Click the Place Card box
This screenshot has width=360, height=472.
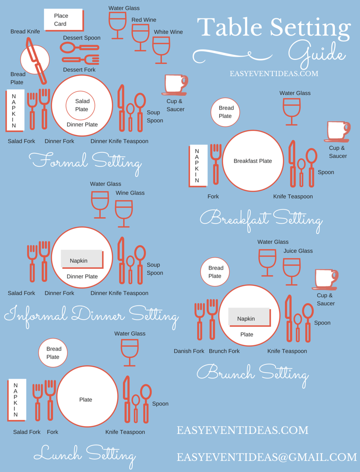coord(63,20)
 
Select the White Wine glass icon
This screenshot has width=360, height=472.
coord(161,49)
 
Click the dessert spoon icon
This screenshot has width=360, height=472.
coord(80,47)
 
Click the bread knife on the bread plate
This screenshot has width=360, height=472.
coord(36,60)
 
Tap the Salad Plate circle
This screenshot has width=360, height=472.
coord(81,106)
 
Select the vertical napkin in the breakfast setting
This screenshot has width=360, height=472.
coord(198,166)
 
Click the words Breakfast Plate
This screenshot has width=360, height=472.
coord(253,161)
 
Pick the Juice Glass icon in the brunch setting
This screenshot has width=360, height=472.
coord(292,272)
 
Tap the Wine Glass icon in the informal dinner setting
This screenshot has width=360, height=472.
coord(124,214)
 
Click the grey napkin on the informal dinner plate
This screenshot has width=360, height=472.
coord(82,259)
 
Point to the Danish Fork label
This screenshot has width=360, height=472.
coord(189,351)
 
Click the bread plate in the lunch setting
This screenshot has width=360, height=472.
coord(53,353)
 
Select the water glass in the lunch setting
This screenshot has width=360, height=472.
coord(130,352)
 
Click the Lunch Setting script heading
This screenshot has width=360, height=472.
coord(85,455)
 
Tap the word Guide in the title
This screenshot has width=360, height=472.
coord(316,55)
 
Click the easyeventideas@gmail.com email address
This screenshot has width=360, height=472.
coord(266,457)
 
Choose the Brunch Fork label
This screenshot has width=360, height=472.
coord(225,351)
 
